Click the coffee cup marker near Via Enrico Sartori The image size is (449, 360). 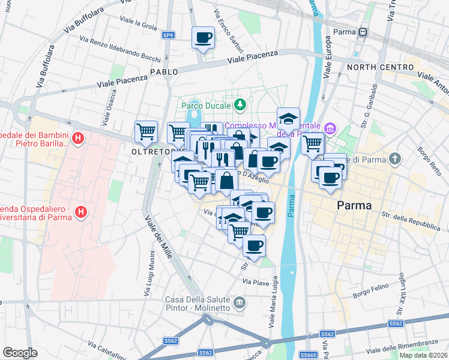point(203,38)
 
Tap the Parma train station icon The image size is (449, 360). point(363,32)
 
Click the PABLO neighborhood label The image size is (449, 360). point(164,71)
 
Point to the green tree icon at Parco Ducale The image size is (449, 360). point(240,105)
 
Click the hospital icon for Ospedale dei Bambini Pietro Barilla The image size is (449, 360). point(77,140)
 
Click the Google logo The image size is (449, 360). point(20,353)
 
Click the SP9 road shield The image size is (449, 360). point(169,36)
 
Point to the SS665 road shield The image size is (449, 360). point(309,355)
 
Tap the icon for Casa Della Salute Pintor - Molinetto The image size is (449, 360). point(240,302)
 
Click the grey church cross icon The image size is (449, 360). point(394,159)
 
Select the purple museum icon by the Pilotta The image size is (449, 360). point(330,128)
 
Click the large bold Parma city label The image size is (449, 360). point(354,205)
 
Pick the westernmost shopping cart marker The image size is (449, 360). point(146,131)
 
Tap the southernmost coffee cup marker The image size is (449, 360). point(254,245)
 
